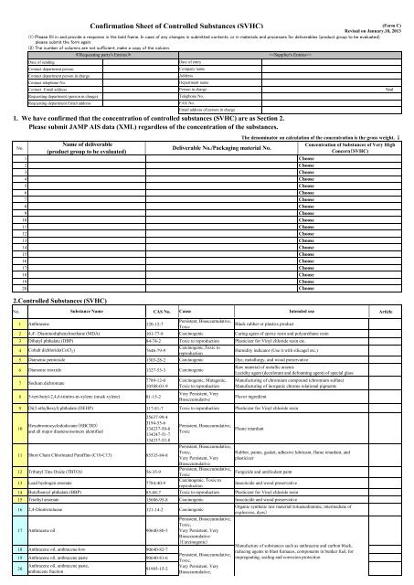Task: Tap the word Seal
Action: [x=388, y=88]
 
